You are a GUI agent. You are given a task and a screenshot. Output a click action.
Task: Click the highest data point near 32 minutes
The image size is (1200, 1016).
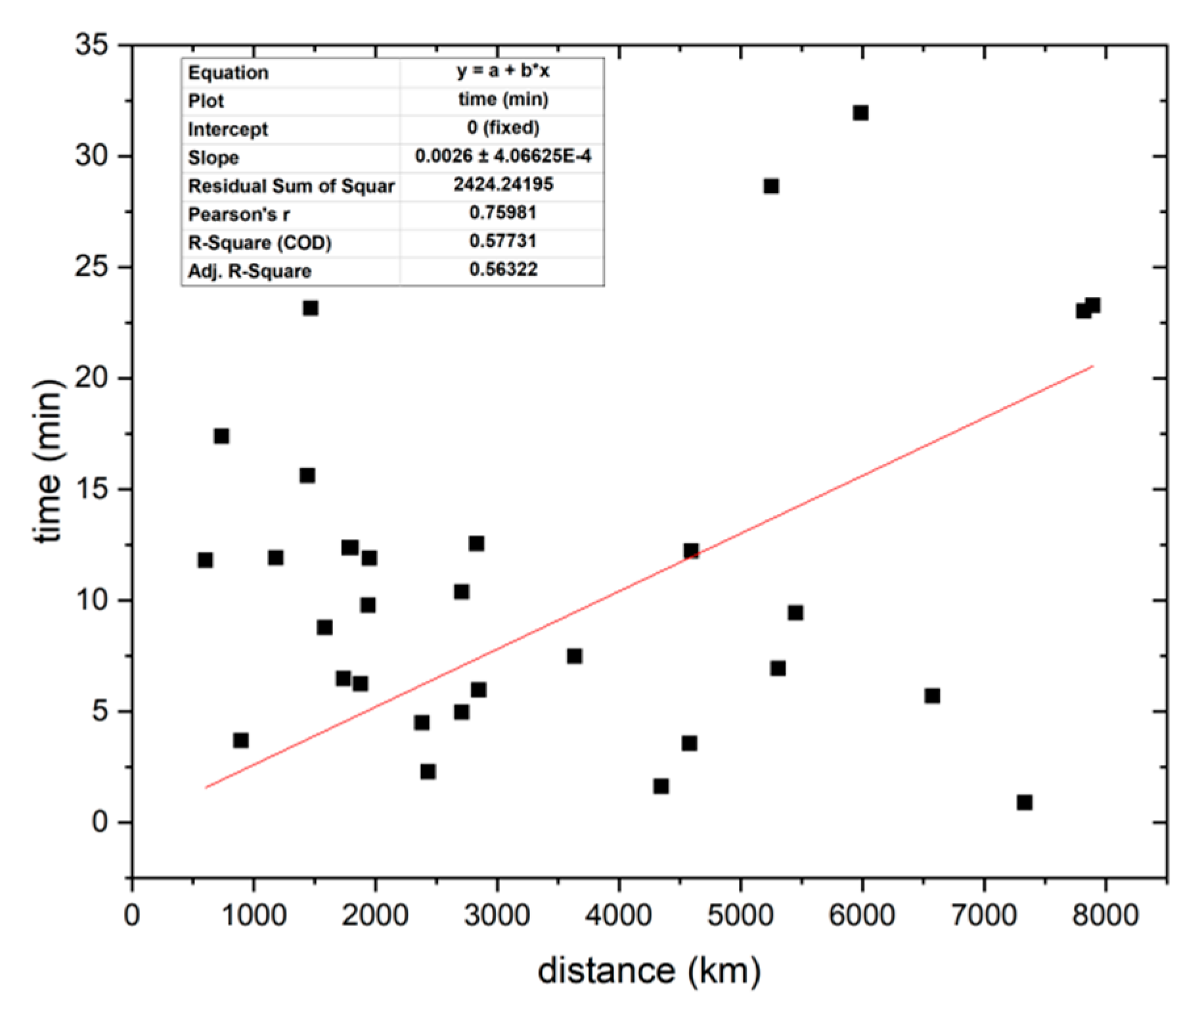click(860, 113)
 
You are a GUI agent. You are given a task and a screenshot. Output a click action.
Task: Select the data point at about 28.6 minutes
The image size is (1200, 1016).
click(771, 187)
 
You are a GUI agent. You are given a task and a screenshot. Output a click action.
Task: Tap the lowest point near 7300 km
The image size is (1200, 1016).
click(1025, 802)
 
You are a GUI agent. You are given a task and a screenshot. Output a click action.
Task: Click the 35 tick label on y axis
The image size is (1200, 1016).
click(92, 45)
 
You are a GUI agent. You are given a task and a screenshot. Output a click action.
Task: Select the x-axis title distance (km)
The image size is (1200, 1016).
click(649, 971)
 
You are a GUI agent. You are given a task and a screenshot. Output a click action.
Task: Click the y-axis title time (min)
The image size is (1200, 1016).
click(47, 461)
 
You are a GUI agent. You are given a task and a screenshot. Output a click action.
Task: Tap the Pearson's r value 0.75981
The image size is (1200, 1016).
click(502, 213)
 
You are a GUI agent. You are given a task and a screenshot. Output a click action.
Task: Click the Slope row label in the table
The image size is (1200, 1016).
click(213, 158)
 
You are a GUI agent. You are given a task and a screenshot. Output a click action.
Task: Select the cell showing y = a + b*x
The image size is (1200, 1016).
click(502, 71)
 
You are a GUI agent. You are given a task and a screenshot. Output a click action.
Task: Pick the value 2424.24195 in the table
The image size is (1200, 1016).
click(502, 185)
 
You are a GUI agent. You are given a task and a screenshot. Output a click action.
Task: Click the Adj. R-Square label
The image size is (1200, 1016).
click(250, 271)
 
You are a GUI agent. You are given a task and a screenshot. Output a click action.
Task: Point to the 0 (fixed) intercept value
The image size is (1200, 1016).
click(502, 127)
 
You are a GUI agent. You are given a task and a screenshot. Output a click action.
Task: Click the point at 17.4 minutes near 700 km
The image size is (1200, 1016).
click(221, 436)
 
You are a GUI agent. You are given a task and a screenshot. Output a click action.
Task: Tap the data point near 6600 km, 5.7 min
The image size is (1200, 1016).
click(932, 696)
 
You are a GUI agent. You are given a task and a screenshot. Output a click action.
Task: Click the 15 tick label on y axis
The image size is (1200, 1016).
click(92, 490)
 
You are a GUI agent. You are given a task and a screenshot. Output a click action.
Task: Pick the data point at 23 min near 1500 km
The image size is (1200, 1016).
click(311, 308)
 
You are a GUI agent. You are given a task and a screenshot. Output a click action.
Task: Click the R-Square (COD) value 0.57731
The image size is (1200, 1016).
click(502, 241)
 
